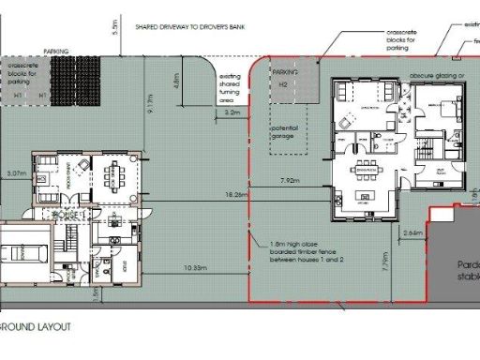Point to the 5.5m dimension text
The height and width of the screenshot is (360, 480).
click(x=114, y=27)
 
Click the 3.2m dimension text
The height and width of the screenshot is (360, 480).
click(x=233, y=112)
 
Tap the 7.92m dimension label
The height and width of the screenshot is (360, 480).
click(x=289, y=178)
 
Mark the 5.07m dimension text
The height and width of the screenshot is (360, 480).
click(x=16, y=173)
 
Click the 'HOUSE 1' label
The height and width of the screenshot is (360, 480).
click(x=68, y=215)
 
